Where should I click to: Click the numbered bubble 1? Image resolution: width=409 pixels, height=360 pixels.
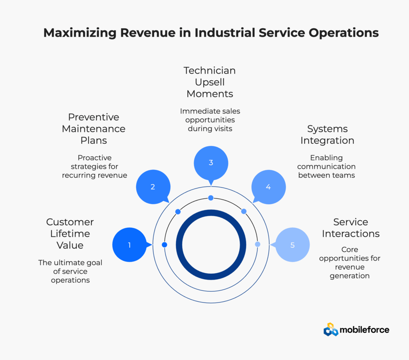pyautogui.click(x=129, y=245)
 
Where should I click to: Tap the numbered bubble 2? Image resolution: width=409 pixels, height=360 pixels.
pyautogui.click(x=153, y=187)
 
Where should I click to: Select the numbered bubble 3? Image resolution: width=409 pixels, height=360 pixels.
pyautogui.click(x=211, y=163)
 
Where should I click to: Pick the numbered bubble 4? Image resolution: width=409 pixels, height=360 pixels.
pyautogui.click(x=268, y=187)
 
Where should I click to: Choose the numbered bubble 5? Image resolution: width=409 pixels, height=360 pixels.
pyautogui.click(x=292, y=245)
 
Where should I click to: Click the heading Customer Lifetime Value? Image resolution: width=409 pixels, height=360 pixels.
pyautogui.click(x=70, y=233)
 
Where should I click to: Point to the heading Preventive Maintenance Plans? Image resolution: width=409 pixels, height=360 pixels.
pyautogui.click(x=93, y=129)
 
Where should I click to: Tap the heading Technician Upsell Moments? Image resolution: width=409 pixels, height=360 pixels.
pyautogui.click(x=210, y=82)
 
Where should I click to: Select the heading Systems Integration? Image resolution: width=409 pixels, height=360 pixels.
pyautogui.click(x=327, y=135)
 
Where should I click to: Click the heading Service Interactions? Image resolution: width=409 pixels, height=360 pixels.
pyautogui.click(x=351, y=228)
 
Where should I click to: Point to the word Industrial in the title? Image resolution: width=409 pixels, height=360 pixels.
pyautogui.click(x=225, y=33)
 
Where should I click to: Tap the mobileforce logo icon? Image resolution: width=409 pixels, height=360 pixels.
pyautogui.click(x=331, y=329)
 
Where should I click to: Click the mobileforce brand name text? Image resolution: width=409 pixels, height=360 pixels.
pyautogui.click(x=364, y=330)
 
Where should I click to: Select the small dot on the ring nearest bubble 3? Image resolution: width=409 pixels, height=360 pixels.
pyautogui.click(x=211, y=198)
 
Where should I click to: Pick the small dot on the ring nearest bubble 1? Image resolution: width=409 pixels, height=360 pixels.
pyautogui.click(x=164, y=245)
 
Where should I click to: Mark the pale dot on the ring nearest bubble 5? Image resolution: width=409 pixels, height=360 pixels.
pyautogui.click(x=258, y=244)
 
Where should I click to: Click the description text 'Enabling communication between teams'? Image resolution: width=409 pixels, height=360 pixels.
pyautogui.click(x=326, y=166)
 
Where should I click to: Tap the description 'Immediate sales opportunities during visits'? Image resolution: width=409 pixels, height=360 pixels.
pyautogui.click(x=210, y=120)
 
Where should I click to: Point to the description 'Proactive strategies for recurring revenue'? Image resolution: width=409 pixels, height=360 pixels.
pyautogui.click(x=94, y=166)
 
